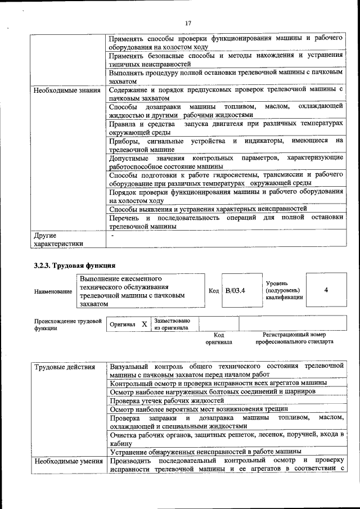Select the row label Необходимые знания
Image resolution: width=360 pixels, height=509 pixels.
[67, 90]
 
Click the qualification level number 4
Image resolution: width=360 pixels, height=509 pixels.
[326, 290]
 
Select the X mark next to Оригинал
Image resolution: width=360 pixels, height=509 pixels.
[144, 325]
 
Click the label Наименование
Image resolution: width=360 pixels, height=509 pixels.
[53, 291]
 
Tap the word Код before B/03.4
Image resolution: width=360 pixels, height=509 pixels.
[213, 291]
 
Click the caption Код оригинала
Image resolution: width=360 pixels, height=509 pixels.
[219, 337]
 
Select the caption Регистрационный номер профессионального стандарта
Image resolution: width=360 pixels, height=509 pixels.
[294, 337]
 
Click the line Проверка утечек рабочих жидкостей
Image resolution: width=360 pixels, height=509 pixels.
[167, 400]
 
